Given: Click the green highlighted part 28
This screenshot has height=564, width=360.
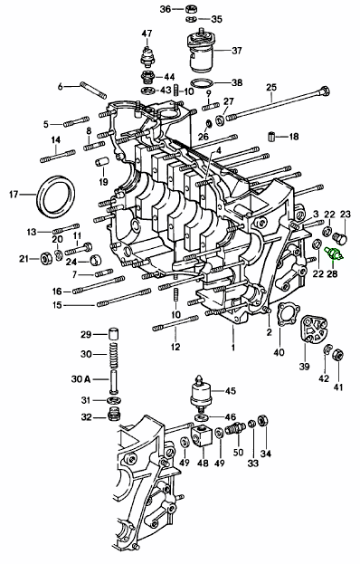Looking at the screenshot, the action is [334, 253].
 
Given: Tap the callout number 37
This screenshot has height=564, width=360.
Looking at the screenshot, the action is [237, 51].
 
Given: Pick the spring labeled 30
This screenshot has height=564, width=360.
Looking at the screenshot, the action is [113, 355].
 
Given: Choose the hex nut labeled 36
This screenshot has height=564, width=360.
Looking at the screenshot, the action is [191, 9].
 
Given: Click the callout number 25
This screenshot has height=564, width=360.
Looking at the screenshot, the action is [271, 88].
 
